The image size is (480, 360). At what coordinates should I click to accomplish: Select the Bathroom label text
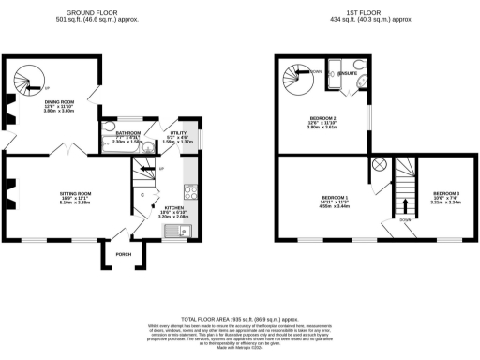point(128,133)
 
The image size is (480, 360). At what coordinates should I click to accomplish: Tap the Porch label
point(123,253)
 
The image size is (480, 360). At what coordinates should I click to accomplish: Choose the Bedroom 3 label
point(445,193)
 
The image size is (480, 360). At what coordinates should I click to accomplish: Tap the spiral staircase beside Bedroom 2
point(299,75)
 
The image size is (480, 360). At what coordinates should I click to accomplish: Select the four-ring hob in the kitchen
point(188,191)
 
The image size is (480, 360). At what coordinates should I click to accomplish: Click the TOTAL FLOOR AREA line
point(240,321)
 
